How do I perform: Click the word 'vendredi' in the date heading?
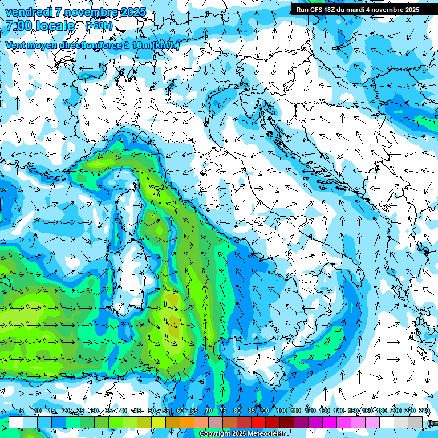29,13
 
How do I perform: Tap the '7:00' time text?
20,26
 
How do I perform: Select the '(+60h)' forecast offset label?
99,26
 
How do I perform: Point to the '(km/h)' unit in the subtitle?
166,45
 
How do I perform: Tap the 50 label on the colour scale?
152,411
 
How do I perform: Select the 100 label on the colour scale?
281,411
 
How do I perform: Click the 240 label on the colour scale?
424,411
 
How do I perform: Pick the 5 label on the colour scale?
22,411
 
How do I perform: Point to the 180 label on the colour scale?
380,411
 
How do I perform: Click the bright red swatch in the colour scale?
258,422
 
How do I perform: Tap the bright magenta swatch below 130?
330,422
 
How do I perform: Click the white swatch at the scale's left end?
16,422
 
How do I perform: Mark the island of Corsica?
128,200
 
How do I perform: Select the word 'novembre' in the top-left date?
96,13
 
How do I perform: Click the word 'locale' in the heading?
56,26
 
